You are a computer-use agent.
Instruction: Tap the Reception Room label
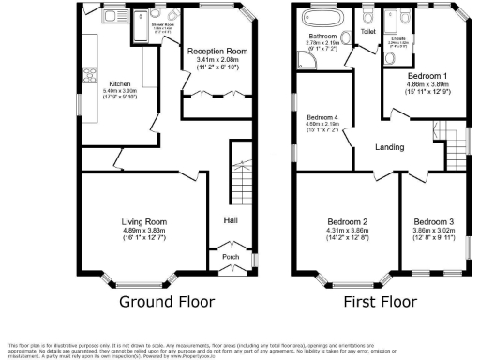217,51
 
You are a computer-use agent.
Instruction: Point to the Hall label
231,219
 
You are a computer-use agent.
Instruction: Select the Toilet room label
367,32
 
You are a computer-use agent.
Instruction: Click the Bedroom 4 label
322,116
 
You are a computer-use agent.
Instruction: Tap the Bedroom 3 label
433,220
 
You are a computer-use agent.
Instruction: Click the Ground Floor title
166,302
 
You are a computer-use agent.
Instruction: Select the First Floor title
380,302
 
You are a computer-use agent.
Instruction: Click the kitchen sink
108,17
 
